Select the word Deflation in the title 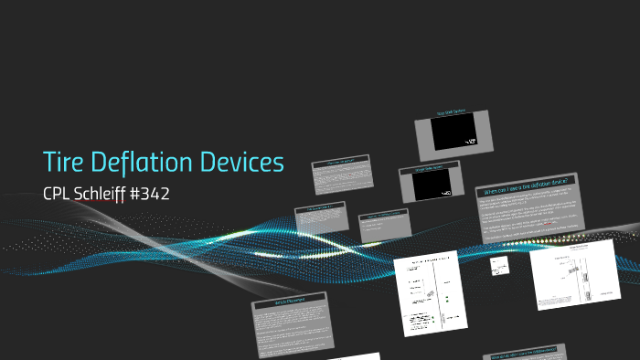(140, 164)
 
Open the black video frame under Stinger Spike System (430, 186)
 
